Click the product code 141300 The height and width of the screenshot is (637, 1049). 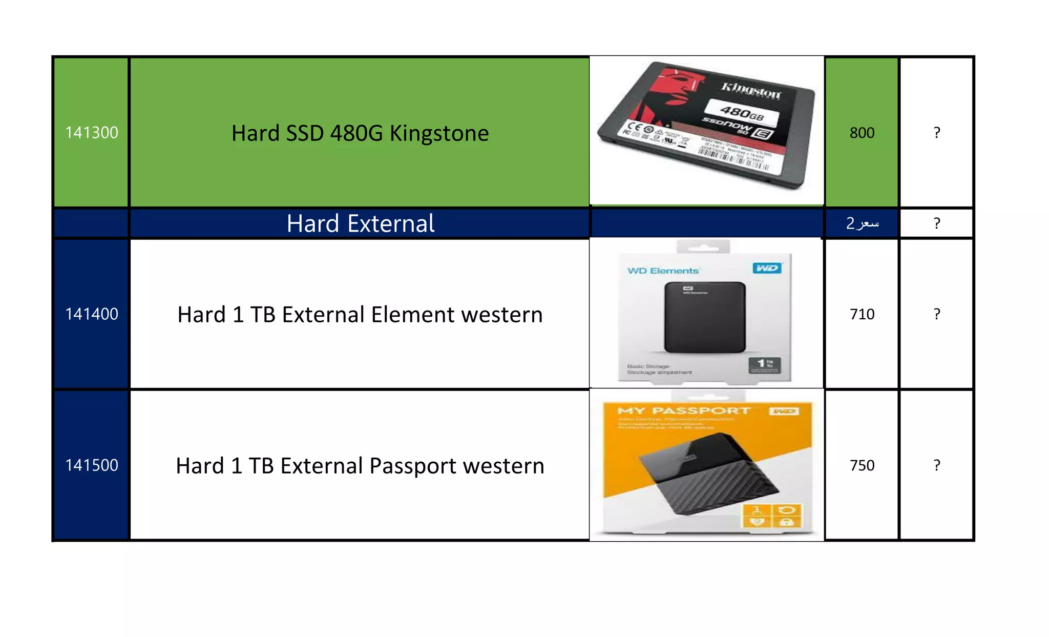coord(92,133)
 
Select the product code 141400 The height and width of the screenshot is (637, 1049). coord(92,314)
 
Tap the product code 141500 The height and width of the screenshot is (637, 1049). coord(92,465)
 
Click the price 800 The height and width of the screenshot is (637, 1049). coord(862,133)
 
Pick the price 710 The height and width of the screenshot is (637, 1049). coord(862,314)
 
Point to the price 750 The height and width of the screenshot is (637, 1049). coord(862,465)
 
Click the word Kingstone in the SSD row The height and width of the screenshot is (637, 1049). coord(439,133)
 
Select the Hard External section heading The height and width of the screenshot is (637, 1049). coord(361,223)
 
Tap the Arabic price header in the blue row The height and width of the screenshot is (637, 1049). coord(863,223)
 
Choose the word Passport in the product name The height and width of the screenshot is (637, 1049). coord(413,466)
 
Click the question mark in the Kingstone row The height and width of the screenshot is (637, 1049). coord(937,133)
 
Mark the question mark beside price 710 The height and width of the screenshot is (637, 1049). coord(937,314)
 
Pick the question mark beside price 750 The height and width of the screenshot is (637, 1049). coord(937,465)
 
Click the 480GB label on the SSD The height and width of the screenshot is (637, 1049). coord(742,112)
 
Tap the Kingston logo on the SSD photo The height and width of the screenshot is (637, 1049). coord(751,90)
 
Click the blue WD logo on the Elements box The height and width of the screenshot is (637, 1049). coord(767,268)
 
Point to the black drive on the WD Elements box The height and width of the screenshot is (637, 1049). coord(705,317)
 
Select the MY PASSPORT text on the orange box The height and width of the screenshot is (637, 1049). coord(684,410)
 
